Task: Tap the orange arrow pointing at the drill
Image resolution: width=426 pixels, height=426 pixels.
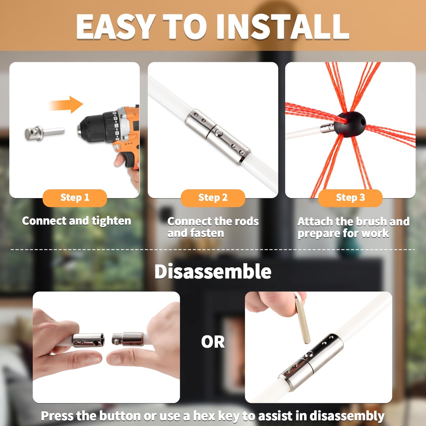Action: coord(66,105)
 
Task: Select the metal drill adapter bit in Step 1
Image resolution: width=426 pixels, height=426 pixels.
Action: coord(44,133)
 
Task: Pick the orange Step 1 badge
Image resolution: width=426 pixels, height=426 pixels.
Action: coord(75,198)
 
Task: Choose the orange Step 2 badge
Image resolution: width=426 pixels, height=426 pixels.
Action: coord(213,198)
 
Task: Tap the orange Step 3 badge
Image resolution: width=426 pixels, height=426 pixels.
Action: coord(350,198)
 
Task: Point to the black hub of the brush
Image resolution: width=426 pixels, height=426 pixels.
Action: coord(350,124)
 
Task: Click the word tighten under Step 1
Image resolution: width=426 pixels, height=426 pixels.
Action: coord(111,221)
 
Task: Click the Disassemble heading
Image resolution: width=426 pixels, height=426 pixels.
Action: coord(213,272)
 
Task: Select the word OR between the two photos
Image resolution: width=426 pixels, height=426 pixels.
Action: coord(213,342)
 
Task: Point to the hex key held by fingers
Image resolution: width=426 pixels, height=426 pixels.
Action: coord(302,318)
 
